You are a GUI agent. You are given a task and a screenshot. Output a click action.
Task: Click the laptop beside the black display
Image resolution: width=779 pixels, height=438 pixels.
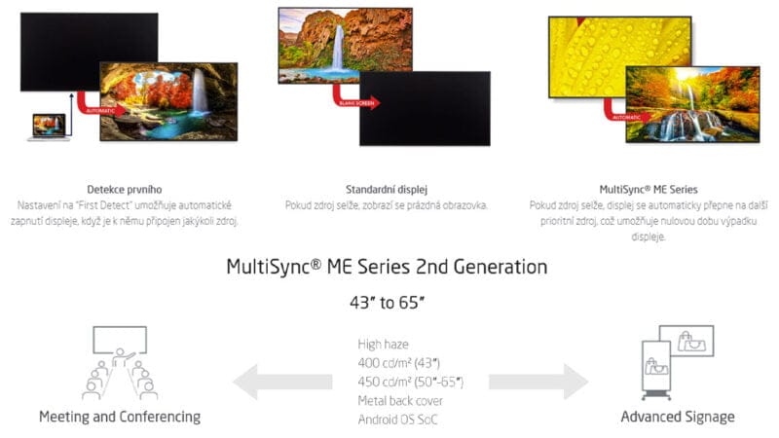click(x=48, y=127)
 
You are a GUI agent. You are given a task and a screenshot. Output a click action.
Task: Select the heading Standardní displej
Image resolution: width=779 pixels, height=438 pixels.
click(x=387, y=189)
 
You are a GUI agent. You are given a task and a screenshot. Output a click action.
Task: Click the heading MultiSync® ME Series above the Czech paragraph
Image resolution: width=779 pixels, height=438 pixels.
click(x=649, y=189)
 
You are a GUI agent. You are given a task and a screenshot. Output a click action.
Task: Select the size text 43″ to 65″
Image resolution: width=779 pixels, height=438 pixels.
click(x=387, y=303)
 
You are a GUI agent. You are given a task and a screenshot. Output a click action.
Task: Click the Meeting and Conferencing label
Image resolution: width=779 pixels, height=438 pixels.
click(x=120, y=417)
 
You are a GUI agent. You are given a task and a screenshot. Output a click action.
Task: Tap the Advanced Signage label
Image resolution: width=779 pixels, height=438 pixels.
click(x=678, y=417)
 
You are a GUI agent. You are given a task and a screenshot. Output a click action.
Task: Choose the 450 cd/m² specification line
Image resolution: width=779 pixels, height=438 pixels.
click(x=411, y=381)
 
